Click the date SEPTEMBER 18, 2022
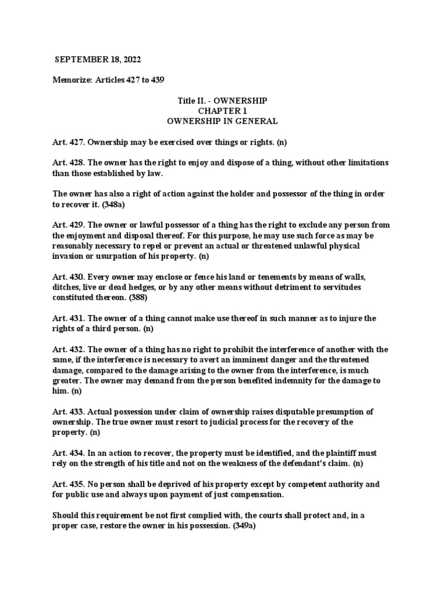pos(97,59)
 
